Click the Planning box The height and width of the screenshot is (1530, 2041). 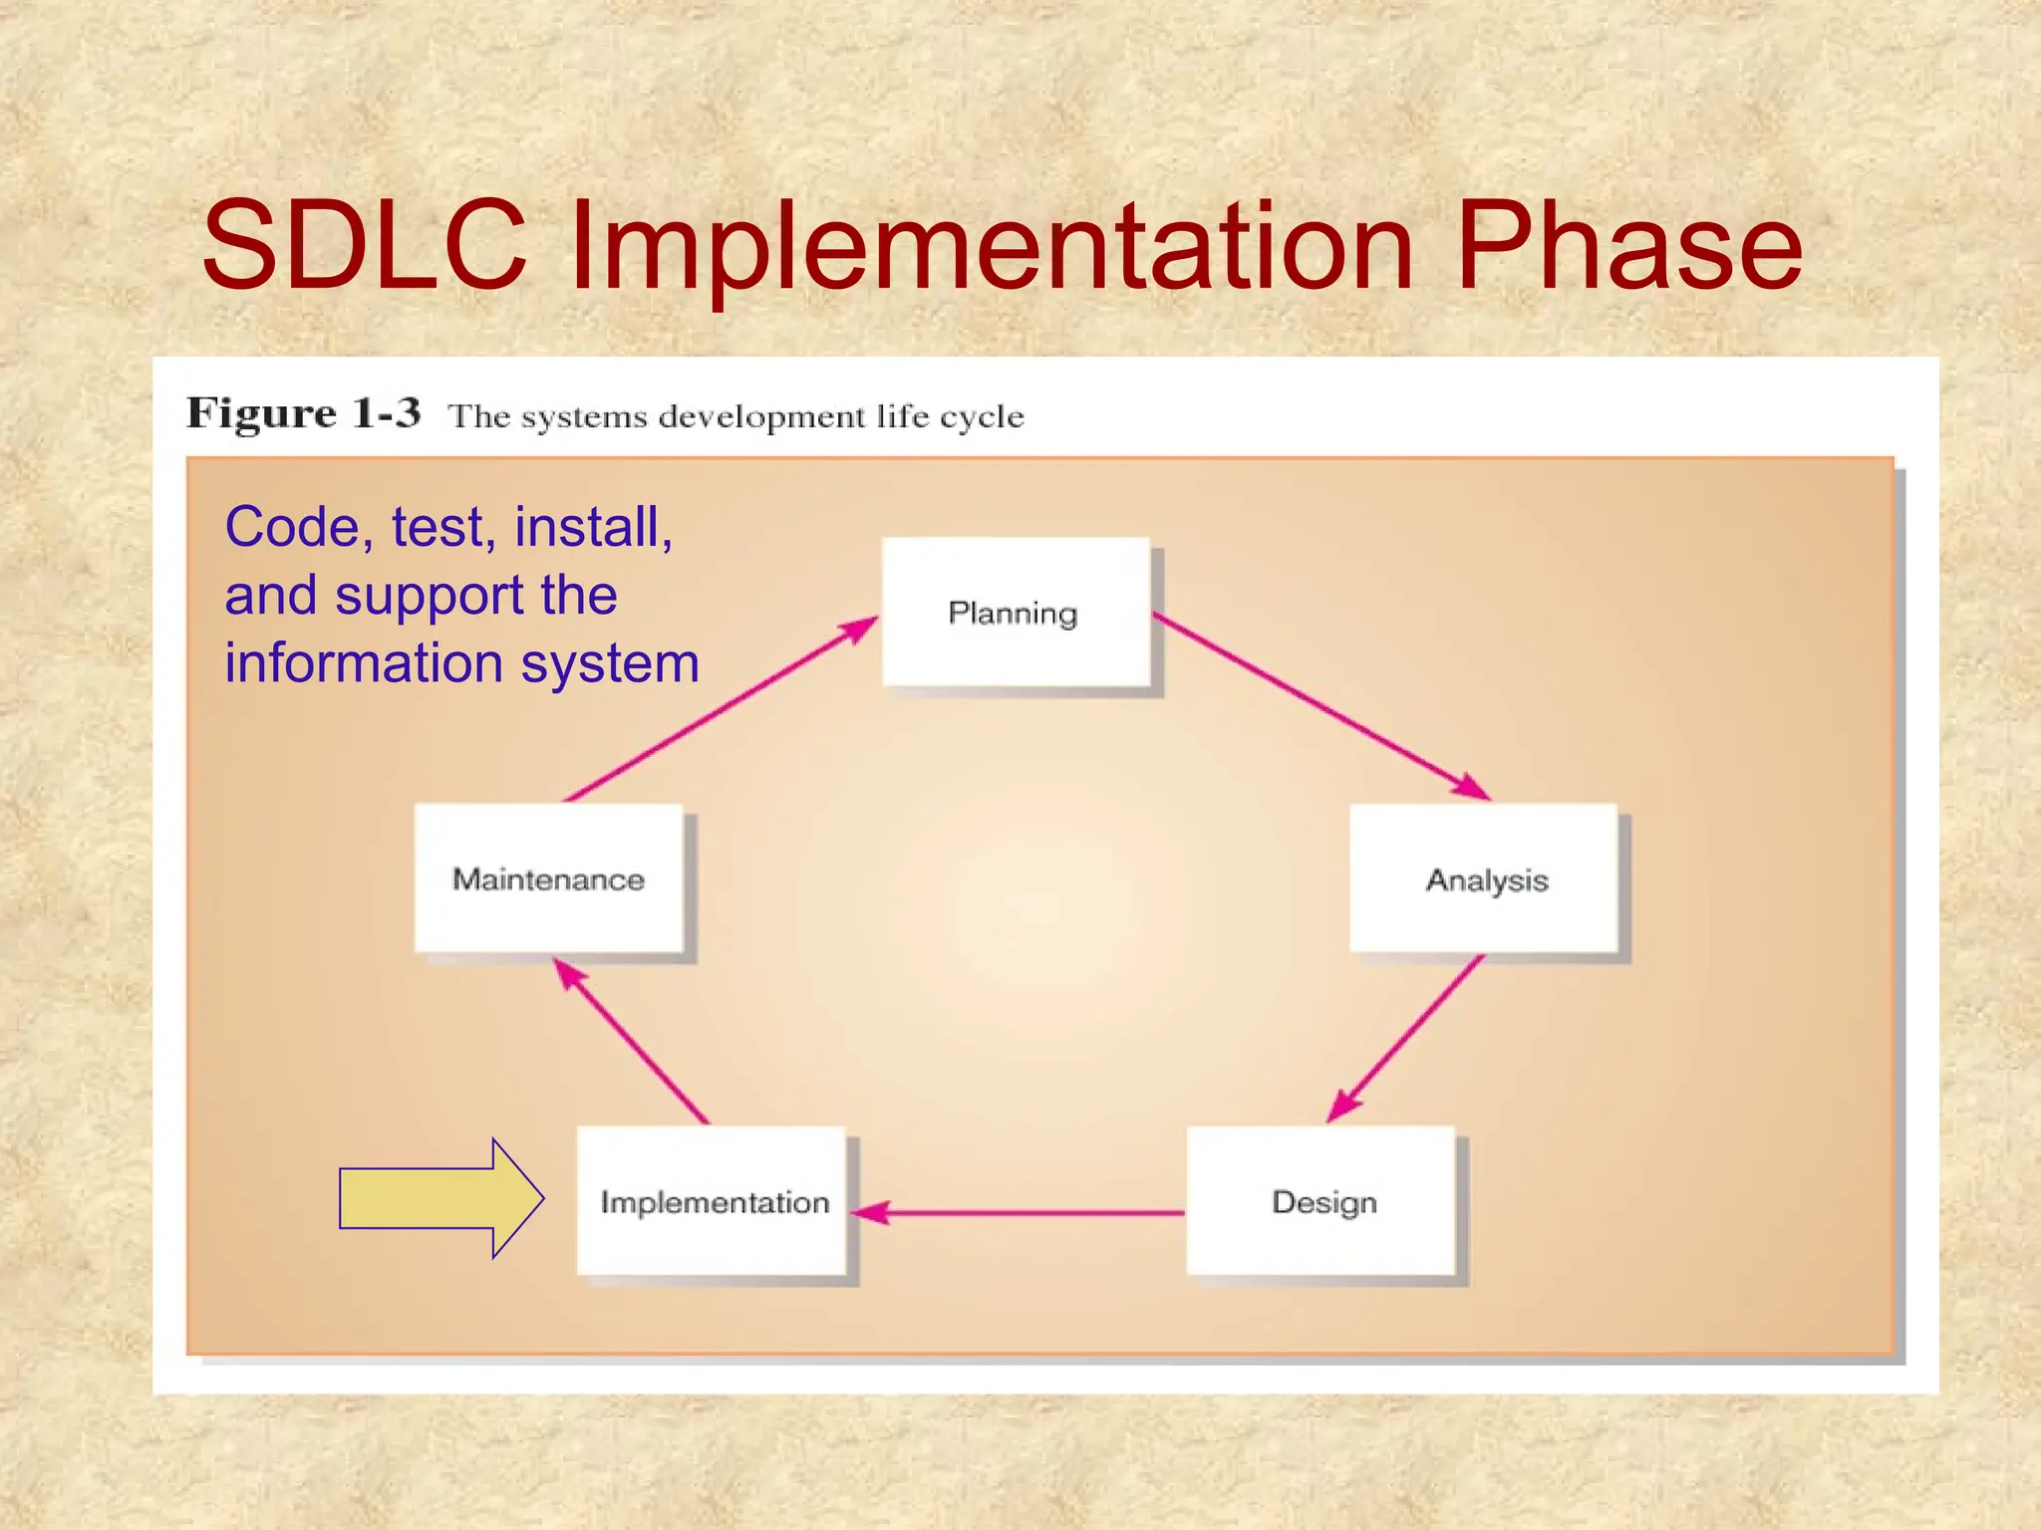tap(1015, 612)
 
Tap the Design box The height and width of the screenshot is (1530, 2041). tap(1321, 1200)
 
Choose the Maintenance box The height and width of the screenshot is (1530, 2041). tap(548, 879)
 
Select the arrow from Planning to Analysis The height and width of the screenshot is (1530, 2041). tap(1320, 706)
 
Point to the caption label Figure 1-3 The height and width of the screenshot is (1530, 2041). tap(304, 412)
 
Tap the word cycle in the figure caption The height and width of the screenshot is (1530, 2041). tap(981, 417)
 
